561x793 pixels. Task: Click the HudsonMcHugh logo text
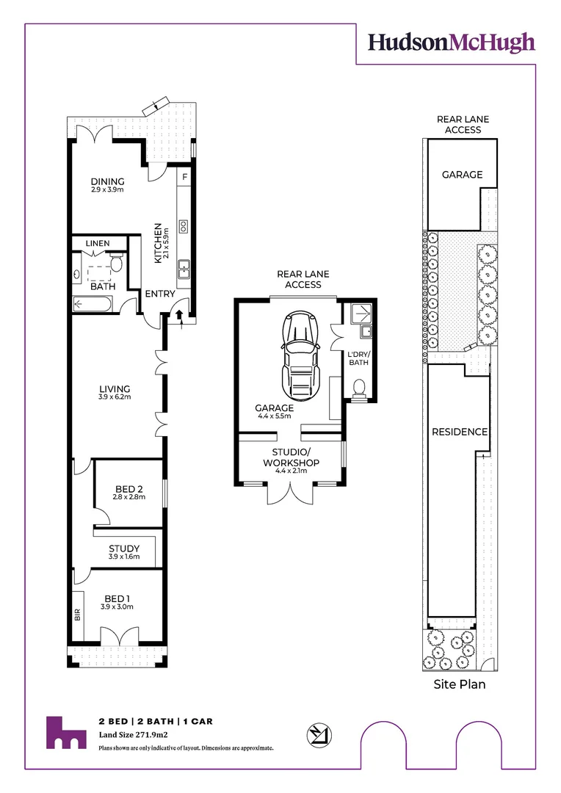pos(452,43)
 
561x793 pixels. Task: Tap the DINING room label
pos(107,181)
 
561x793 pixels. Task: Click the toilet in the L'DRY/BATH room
pos(358,388)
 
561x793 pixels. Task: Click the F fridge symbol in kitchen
pos(184,177)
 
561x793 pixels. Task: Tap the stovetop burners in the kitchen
pos(184,227)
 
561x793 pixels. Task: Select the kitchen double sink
pos(184,269)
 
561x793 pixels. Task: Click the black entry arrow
pos(179,315)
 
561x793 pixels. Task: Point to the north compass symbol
pos(319,735)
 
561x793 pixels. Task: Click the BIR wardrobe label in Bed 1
pos(77,615)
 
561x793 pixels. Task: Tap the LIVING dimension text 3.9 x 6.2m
pos(115,397)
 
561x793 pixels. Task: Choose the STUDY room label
pos(124,548)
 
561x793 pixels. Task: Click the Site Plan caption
pos(460,684)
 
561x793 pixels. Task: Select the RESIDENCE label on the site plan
pos(460,432)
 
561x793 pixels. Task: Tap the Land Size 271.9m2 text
pos(133,735)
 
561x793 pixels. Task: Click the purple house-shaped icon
pos(66,732)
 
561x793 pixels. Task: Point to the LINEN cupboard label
pos(98,243)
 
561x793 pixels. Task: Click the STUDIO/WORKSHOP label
pos(291,457)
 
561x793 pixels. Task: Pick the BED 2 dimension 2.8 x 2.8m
pos(129,497)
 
